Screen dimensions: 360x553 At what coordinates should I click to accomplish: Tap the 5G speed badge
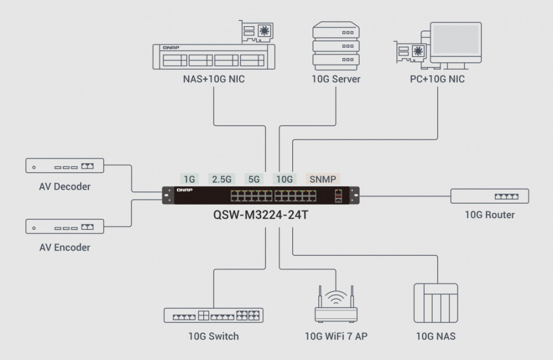[x=254, y=179]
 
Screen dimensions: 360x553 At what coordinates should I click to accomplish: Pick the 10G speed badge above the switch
[x=285, y=179]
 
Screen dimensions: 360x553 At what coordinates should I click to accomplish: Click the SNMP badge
[x=322, y=179]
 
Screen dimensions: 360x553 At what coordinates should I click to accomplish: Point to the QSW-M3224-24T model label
[x=261, y=215]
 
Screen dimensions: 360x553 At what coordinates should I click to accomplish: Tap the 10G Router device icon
[x=489, y=196]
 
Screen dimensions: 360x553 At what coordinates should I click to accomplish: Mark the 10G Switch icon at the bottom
[x=213, y=315]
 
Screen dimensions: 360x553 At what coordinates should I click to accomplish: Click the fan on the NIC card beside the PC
[x=418, y=51]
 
